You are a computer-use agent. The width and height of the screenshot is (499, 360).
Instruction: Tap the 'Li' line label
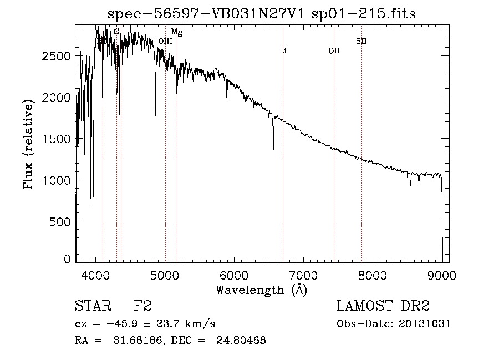coord(283,50)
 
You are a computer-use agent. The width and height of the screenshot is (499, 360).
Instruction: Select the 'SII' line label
coord(361,41)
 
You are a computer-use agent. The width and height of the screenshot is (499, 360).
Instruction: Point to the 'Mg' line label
coord(176,33)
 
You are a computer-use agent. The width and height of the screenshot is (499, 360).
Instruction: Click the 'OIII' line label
coord(165,41)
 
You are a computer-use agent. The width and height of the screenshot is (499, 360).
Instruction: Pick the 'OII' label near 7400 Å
coord(334,50)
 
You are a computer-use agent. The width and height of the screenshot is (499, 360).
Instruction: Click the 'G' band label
coord(116,32)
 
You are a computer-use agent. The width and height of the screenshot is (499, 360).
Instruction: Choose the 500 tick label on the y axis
coord(62,222)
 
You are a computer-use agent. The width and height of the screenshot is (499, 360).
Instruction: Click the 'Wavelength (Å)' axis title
coord(261,290)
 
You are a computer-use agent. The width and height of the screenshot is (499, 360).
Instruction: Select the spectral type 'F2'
coord(142,306)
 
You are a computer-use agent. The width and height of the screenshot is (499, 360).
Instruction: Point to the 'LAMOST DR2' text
coord(383,306)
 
